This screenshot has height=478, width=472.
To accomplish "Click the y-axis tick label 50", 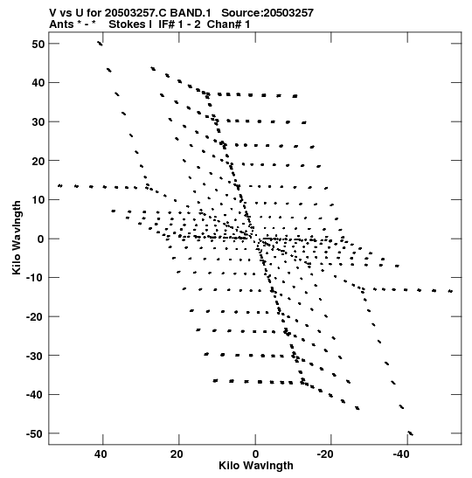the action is pos(38,44).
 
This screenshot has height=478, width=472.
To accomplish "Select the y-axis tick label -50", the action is pos(36,433).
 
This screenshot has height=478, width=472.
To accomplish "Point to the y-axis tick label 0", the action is pos(41,239).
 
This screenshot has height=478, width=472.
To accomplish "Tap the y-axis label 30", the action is pos(38,121).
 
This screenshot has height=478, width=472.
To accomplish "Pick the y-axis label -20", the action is pos(36,316).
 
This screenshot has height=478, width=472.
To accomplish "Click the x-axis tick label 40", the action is pos(101,454).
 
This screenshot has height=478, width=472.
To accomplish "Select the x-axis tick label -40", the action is pos(401,454).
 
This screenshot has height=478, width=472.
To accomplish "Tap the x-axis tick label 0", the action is pos(255,454).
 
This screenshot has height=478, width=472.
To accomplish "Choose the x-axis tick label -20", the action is pos(325,454).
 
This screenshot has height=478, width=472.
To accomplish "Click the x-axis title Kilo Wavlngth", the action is pos(256,466).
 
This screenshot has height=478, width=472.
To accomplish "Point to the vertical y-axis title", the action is pos(17,238).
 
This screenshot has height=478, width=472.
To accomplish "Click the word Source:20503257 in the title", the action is pos(267,13).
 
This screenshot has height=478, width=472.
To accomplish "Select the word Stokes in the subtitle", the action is pos(127,24).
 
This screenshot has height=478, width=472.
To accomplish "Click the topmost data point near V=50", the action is pos(100,44).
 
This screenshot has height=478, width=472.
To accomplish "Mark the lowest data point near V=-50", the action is pos(411,433).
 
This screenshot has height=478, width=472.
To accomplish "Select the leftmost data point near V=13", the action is pos(60,185).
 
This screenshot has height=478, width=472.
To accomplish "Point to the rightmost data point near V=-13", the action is pos(450,291).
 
